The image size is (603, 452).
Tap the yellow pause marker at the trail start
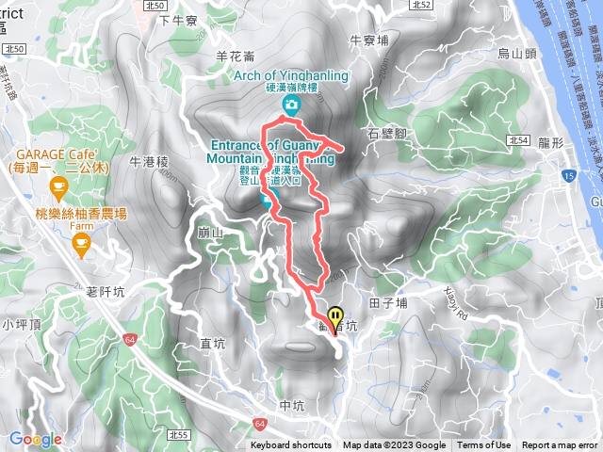[x=335, y=318]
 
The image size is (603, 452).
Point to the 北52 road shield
[x=421, y=6]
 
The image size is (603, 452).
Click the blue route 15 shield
[x=567, y=176]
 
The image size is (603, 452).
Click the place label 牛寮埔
[x=369, y=40]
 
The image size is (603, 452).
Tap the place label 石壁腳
[x=386, y=134]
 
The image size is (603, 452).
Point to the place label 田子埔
[x=388, y=303]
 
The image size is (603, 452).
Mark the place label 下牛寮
[x=176, y=19]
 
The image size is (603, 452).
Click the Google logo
[x=35, y=439]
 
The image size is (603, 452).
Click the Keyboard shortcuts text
[x=291, y=445]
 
